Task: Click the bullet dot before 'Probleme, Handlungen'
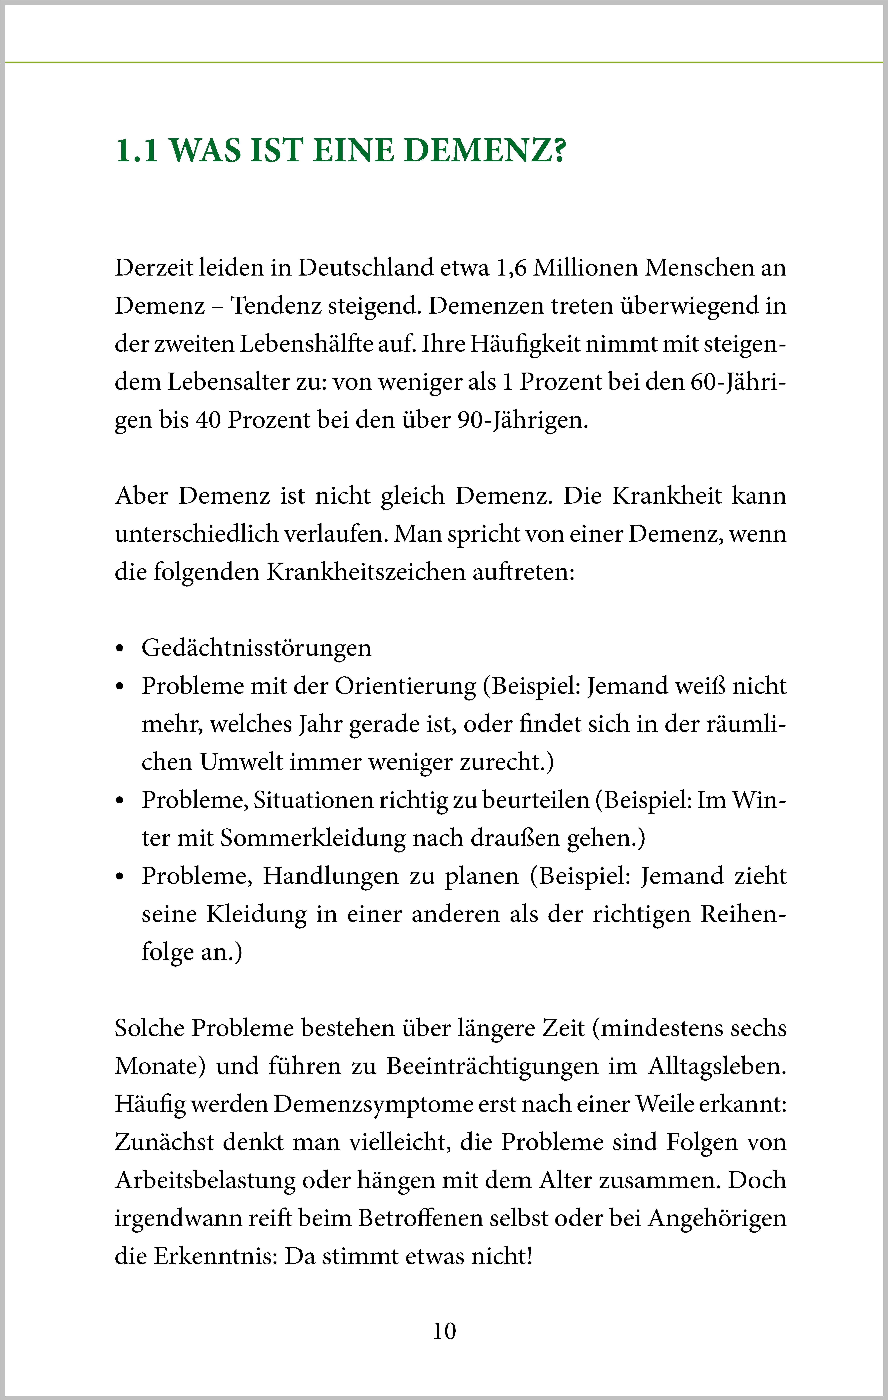(120, 877)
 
